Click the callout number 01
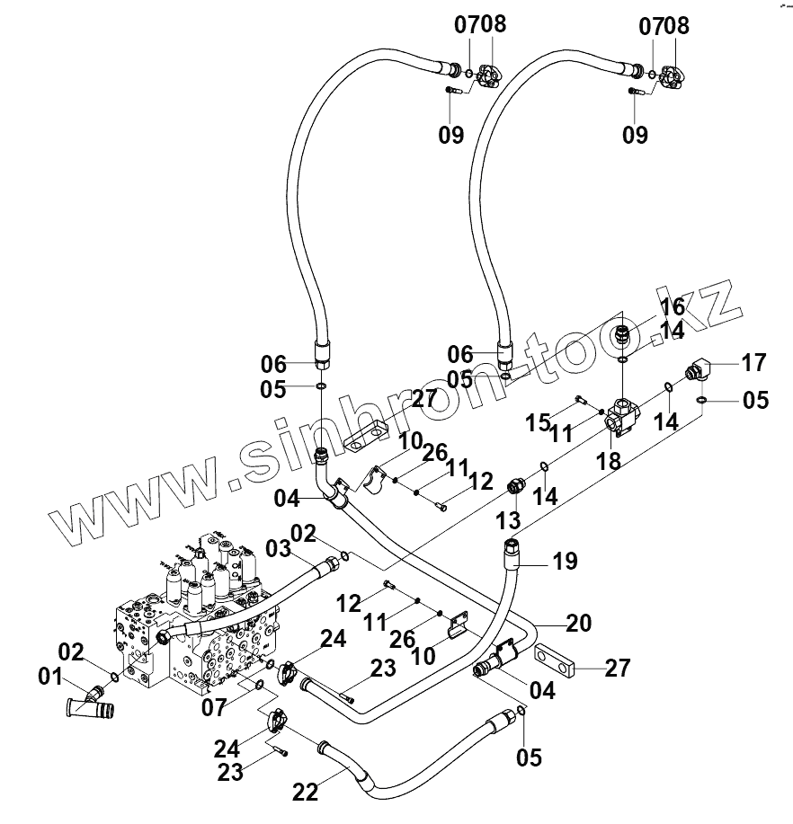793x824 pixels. [50, 677]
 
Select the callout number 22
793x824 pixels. [305, 792]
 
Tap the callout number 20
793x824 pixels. [578, 623]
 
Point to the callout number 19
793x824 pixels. [566, 562]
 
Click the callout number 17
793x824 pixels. [754, 363]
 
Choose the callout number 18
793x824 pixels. [609, 461]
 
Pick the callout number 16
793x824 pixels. [673, 306]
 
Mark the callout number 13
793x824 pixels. [508, 520]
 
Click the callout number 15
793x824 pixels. [538, 422]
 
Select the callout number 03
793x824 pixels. [278, 549]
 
